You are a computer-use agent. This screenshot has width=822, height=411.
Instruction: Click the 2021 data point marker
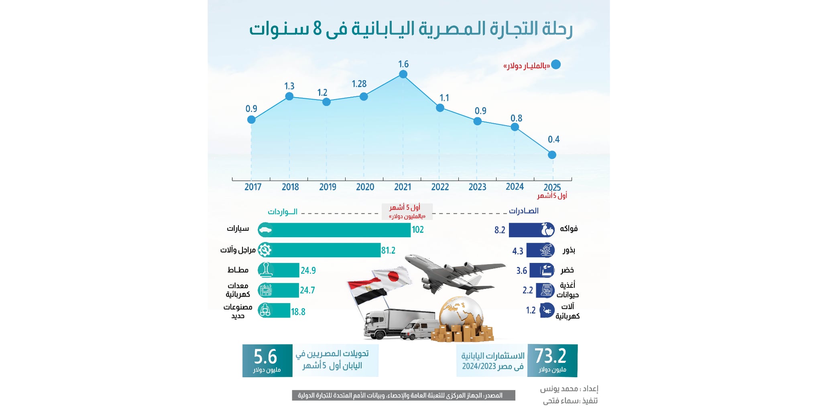(x=403, y=74)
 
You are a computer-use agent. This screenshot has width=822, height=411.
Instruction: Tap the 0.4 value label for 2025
(x=553, y=139)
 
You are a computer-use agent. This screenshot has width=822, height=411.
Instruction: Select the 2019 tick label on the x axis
(x=328, y=187)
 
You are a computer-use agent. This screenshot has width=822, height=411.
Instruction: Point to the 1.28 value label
(x=359, y=84)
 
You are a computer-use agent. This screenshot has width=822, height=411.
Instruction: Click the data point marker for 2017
(x=251, y=120)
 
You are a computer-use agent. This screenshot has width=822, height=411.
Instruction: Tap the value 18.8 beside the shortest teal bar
(x=298, y=312)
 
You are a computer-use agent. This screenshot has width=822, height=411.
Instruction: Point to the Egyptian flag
(x=367, y=291)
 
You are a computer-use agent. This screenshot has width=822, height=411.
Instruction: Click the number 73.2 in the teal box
(x=550, y=356)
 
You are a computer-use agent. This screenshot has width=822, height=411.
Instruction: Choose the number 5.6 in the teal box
(x=265, y=356)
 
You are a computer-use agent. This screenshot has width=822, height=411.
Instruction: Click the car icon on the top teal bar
(x=265, y=230)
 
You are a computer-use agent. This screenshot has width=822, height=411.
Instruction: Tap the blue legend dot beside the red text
(x=556, y=65)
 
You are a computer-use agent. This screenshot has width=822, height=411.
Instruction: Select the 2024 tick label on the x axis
(x=515, y=187)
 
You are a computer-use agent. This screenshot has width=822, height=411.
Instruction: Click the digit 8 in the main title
(x=317, y=29)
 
